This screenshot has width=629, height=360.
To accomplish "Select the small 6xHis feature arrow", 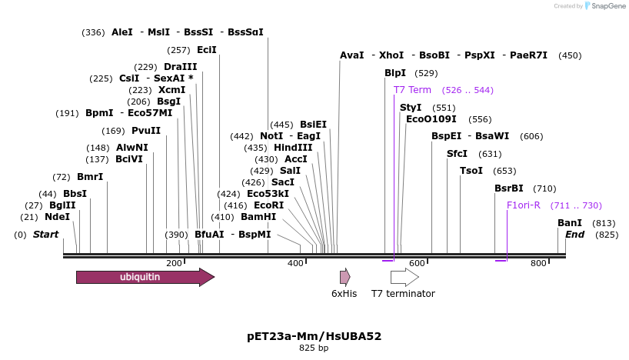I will (344, 277).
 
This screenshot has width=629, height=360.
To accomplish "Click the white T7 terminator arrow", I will (404, 277).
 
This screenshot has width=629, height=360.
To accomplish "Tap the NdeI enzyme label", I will (57, 217).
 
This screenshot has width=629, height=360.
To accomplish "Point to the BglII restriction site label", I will (62, 205).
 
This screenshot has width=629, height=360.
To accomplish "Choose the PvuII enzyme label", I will (146, 131).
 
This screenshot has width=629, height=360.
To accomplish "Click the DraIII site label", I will (180, 67).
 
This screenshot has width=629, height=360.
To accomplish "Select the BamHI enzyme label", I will (258, 217).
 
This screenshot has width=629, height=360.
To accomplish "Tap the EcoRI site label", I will (268, 205).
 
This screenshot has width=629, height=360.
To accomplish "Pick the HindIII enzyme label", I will (293, 148).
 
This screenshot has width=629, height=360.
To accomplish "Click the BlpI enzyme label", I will (395, 73).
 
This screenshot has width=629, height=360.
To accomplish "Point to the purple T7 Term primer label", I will (412, 90).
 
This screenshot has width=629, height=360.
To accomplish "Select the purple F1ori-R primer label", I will (524, 205).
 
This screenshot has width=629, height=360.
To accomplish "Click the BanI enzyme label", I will (570, 223).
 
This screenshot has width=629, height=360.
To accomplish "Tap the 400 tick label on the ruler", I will (296, 263).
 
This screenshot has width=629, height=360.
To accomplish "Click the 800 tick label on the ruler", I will (538, 263).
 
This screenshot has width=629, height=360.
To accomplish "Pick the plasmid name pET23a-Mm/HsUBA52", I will (314, 336).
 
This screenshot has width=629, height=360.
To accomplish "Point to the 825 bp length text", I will (314, 348).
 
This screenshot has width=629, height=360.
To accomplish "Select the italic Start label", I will (45, 235).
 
